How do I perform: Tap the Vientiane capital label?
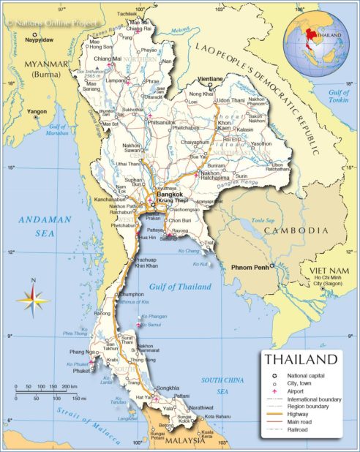tap(211, 78)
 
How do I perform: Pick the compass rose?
tap(33, 298)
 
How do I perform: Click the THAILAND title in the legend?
tap(301, 360)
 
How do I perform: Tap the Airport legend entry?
tap(297, 391)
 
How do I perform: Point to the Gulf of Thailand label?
tap(179, 286)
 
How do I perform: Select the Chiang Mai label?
tap(107, 59)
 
